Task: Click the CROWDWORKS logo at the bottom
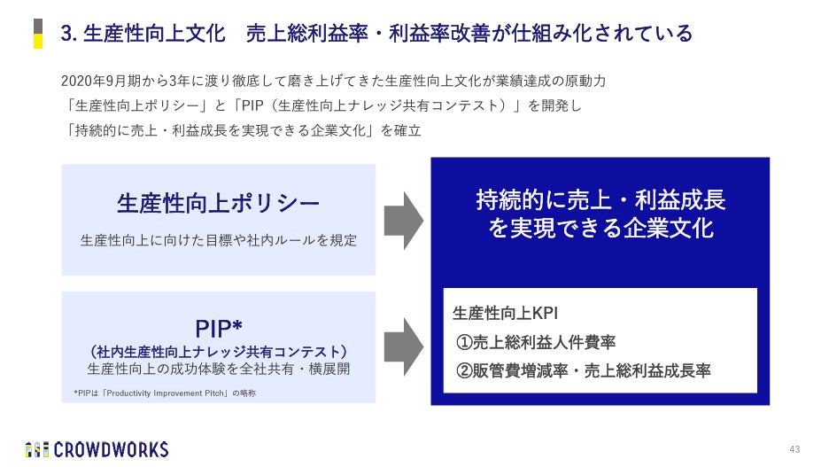pyautogui.click(x=97, y=449)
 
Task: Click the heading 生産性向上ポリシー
pyautogui.click(x=219, y=204)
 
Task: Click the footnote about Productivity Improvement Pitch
pyautogui.click(x=165, y=393)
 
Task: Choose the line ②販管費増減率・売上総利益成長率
pyautogui.click(x=584, y=370)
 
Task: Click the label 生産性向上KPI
pyautogui.click(x=505, y=313)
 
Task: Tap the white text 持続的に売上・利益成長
pyautogui.click(x=600, y=198)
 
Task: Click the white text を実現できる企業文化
pyautogui.click(x=600, y=228)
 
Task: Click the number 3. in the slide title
pyautogui.click(x=67, y=35)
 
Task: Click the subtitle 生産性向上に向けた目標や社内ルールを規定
pyautogui.click(x=219, y=240)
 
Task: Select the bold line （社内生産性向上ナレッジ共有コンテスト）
pyautogui.click(x=219, y=352)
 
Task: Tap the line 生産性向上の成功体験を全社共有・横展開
pyautogui.click(x=219, y=369)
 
